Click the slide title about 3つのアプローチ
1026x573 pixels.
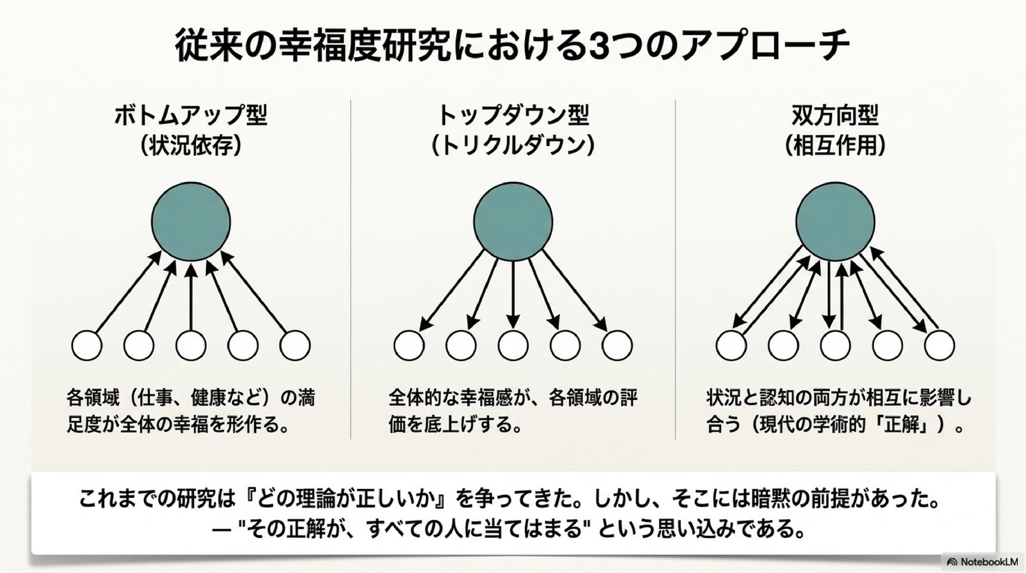pyautogui.click(x=512, y=45)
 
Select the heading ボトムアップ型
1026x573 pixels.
pyautogui.click(x=191, y=115)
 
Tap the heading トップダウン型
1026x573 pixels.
pyautogui.click(x=513, y=115)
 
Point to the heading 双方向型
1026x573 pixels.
pyautogui.click(x=835, y=115)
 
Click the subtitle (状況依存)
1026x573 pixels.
pyautogui.click(x=191, y=145)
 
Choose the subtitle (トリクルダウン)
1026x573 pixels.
pyautogui.click(x=513, y=145)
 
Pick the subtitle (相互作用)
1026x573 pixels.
pyautogui.click(x=835, y=145)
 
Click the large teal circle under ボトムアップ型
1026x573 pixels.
pyautogui.click(x=191, y=221)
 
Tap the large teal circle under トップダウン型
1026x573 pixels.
pyautogui.click(x=513, y=221)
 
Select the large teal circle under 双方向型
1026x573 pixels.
pyautogui.click(x=835, y=221)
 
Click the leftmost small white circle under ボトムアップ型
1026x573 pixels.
pyautogui.click(x=86, y=346)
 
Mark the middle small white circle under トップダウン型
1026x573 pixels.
pyautogui.click(x=513, y=346)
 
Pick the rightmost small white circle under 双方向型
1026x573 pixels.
pyautogui.click(x=940, y=346)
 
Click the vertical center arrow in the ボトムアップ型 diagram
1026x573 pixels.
pyautogui.click(x=191, y=297)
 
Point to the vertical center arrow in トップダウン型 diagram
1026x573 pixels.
pyautogui.click(x=513, y=295)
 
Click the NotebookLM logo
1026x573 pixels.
pyautogui.click(x=982, y=562)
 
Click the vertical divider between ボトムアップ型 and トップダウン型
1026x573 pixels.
pyautogui.click(x=351, y=269)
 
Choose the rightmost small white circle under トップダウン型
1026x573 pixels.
pyautogui.click(x=617, y=346)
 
